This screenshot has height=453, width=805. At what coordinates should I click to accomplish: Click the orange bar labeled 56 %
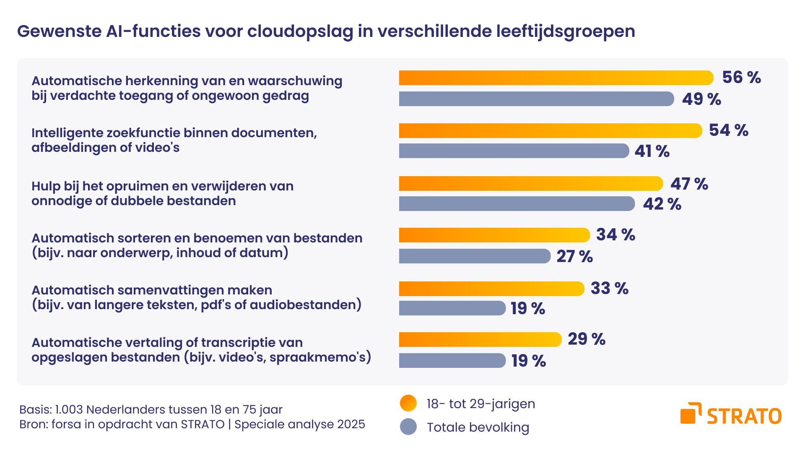click(556, 78)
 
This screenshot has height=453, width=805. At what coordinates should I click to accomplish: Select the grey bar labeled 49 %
click(536, 99)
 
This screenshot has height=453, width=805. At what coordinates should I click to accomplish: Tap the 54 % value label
click(728, 130)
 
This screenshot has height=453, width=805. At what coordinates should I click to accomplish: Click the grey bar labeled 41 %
click(514, 151)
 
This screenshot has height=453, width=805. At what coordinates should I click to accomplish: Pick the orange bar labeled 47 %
click(530, 184)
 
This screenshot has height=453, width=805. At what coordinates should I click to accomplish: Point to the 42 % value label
click(662, 204)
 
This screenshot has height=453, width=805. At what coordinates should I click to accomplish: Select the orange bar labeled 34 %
click(494, 235)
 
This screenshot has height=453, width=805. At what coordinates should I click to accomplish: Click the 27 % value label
click(574, 257)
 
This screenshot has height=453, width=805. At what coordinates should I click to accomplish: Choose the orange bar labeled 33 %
click(491, 289)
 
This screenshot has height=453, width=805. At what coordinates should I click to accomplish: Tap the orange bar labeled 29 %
click(480, 340)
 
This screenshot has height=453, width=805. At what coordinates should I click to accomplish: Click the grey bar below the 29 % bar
click(452, 361)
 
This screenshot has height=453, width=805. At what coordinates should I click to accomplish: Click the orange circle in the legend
click(408, 404)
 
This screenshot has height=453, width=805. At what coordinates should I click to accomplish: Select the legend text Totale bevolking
click(478, 427)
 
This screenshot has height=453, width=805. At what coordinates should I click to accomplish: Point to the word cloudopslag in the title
click(300, 32)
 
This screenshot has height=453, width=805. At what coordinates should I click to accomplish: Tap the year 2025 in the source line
click(351, 424)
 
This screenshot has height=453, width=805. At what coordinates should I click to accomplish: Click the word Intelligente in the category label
click(67, 133)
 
